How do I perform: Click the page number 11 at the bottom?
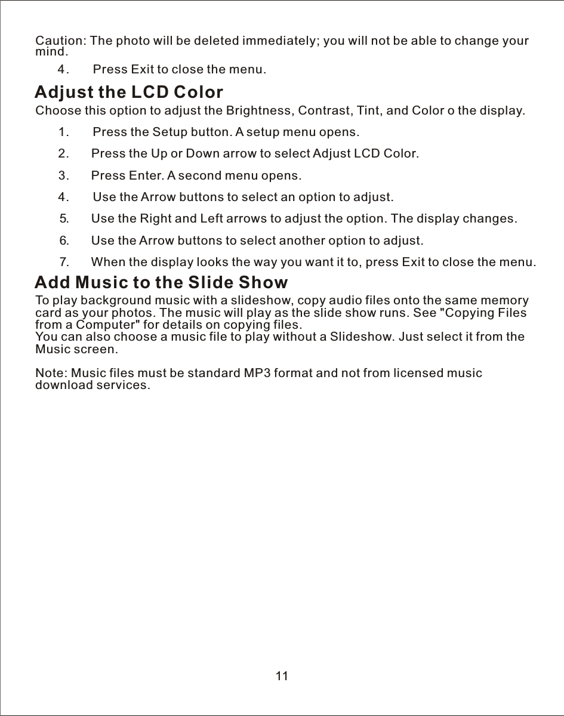click(282, 676)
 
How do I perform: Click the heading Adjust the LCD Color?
click(129, 93)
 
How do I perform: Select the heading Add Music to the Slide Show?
click(161, 282)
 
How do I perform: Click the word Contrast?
click(321, 111)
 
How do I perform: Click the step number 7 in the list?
click(65, 262)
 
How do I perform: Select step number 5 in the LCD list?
click(65, 218)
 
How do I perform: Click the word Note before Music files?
click(50, 374)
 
